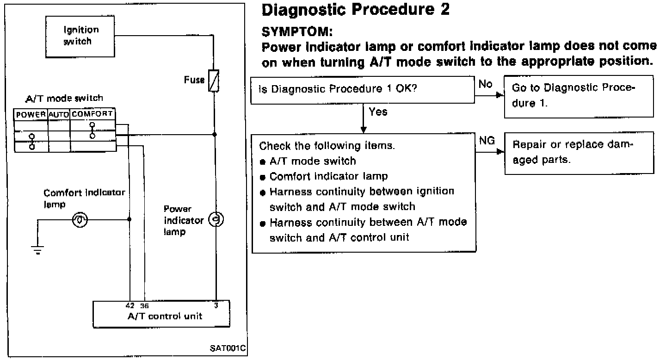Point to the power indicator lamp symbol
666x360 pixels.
coord(215,219)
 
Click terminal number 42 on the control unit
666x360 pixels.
coord(130,306)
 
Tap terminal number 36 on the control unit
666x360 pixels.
coord(144,306)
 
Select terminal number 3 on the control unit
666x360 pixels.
coord(216,306)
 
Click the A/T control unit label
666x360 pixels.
coord(165,317)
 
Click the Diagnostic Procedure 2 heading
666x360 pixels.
coord(355,10)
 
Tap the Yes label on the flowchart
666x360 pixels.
coord(378,112)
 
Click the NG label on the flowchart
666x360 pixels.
coord(487,141)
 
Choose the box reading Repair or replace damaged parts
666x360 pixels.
coord(579,152)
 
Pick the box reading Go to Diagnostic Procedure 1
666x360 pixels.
coord(579,96)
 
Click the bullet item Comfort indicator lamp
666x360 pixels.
coord(328,176)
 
